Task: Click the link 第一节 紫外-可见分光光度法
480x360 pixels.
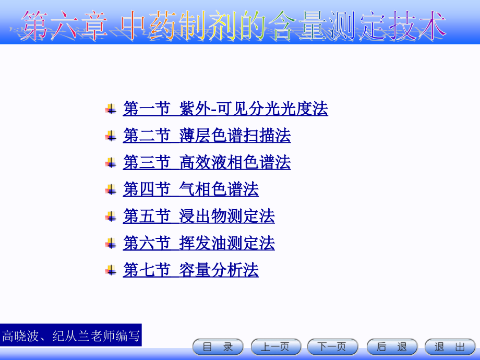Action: [225, 109]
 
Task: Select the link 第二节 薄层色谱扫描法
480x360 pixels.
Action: [207, 136]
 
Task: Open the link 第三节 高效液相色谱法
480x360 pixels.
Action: [207, 162]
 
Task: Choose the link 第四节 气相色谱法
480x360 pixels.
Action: [190, 189]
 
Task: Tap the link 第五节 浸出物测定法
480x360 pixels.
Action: [199, 216]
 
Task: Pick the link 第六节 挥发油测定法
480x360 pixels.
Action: [199, 243]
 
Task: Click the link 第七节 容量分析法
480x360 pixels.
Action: [190, 270]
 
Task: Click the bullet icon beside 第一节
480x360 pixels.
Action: [110, 109]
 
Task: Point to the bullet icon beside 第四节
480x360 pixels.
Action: [110, 189]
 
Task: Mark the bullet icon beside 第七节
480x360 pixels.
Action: [110, 270]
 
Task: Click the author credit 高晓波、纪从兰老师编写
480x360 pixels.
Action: [71, 335]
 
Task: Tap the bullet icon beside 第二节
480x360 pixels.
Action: [110, 136]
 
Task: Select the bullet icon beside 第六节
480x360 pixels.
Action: [110, 243]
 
